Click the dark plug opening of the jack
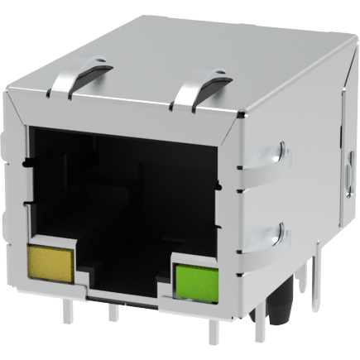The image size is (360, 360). (124, 199)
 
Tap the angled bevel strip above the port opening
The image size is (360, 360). (124, 113)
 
